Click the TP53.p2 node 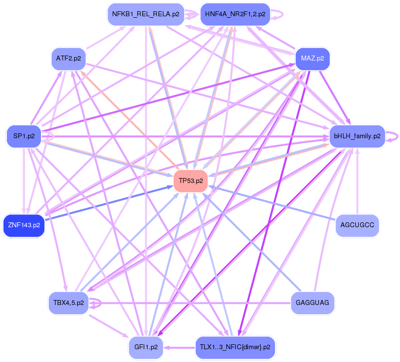point(190,181)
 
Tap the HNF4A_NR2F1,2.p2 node point(235,14)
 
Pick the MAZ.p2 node point(312,59)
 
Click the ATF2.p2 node point(68,59)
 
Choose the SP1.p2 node point(24,136)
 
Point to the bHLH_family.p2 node point(357,136)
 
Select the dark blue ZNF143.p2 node point(24,225)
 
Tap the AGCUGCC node point(357,225)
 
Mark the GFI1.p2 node point(146,347)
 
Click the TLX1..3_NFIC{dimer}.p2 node point(235,347)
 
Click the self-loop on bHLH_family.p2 point(394,136)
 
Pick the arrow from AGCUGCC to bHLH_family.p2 point(358,182)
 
